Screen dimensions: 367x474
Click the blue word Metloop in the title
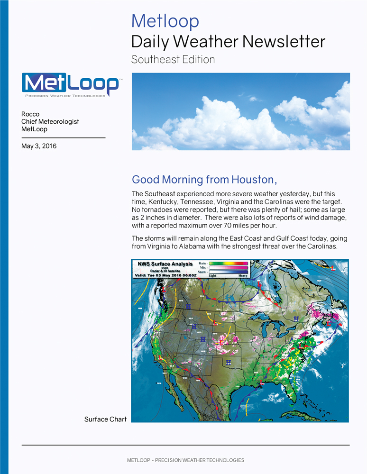(165, 21)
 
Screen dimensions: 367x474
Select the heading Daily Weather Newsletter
(228, 42)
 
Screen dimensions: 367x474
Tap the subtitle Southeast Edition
(173, 59)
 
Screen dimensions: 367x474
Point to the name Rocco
(30, 114)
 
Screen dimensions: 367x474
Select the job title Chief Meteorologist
(50, 122)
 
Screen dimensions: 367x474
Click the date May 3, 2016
(39, 146)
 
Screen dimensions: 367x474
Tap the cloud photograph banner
(240, 111)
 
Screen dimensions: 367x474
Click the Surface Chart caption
(105, 419)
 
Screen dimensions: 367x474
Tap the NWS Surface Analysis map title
(165, 264)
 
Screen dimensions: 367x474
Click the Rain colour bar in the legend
(229, 263)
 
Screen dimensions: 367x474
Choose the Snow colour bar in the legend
(229, 271)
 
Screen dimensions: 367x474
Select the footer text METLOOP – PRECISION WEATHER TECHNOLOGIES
(186, 460)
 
